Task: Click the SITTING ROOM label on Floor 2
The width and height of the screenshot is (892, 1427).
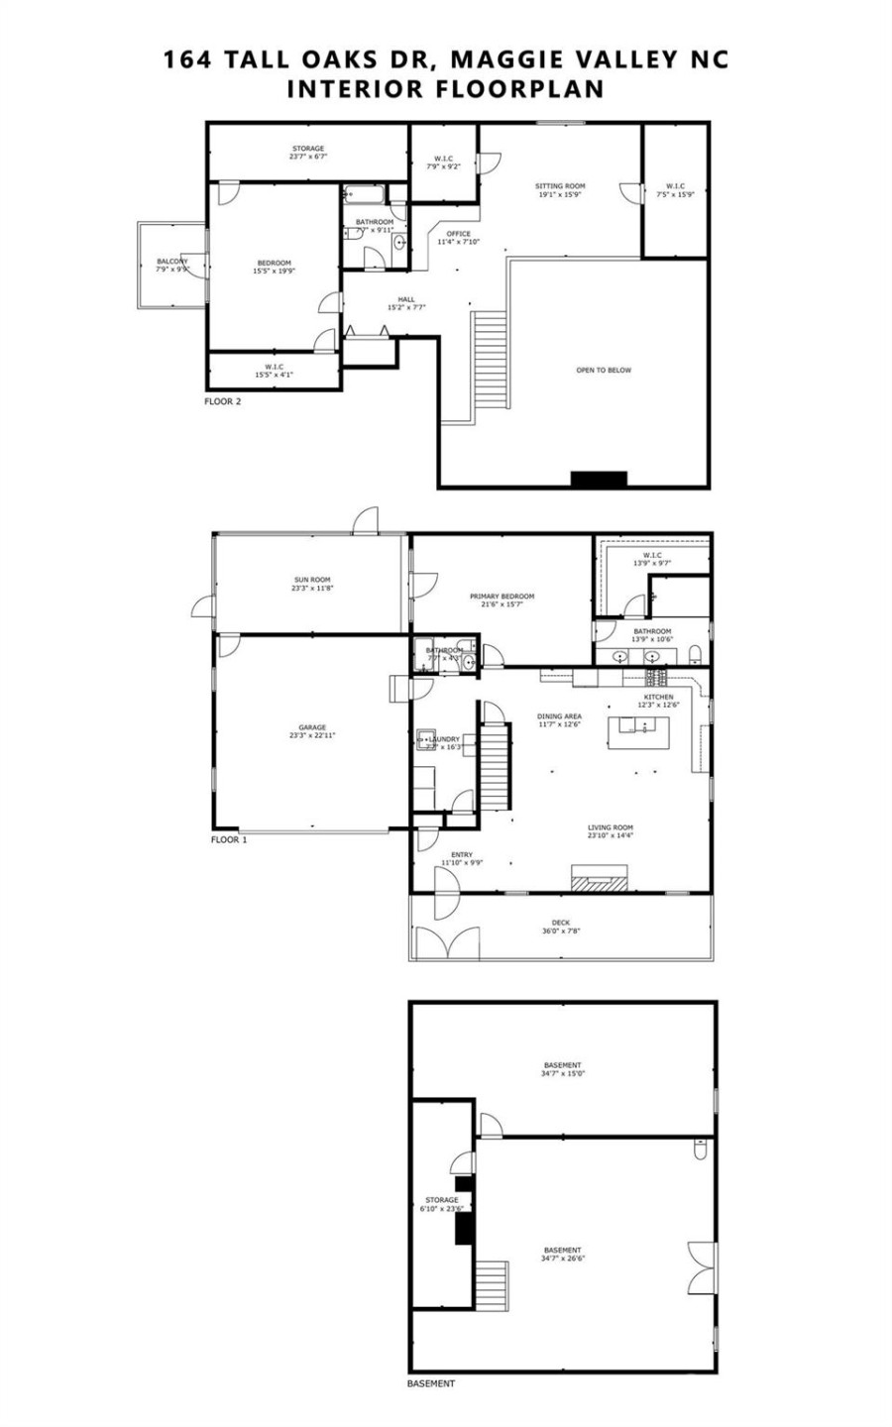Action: coord(560,186)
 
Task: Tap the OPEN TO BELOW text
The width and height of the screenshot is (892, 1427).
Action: coord(604,370)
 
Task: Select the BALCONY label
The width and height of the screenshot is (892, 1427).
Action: coord(171,262)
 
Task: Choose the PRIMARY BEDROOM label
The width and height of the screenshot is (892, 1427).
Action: coord(502,597)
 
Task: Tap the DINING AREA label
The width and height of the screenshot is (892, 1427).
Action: coord(558,716)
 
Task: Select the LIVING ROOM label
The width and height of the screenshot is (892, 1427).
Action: coord(610,827)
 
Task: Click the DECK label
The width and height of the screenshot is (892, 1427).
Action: coord(561,922)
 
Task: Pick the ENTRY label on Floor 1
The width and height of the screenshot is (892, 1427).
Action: coord(462,854)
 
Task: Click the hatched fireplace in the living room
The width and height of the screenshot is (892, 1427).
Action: coord(599,878)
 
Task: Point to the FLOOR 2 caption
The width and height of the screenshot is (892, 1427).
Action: coord(222,401)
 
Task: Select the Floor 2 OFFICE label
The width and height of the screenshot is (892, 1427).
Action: coord(458,234)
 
